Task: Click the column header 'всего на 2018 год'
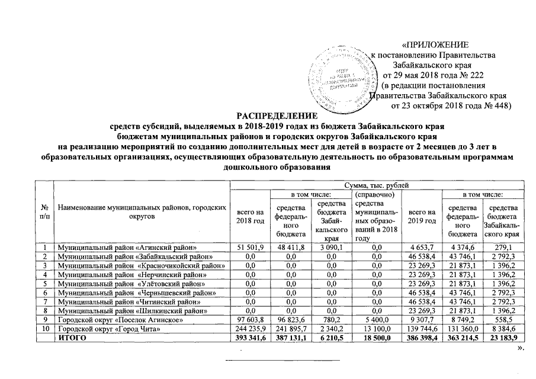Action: pyautogui.click(x=249, y=216)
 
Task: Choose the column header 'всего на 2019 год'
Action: pyautogui.click(x=422, y=216)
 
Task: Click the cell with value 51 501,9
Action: pyautogui.click(x=249, y=246)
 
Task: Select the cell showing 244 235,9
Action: pyautogui.click(x=249, y=329)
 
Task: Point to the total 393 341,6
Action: pyautogui.click(x=249, y=339)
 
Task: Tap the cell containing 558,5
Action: pyautogui.click(x=502, y=320)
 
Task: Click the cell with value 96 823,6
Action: pyautogui.click(x=290, y=320)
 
